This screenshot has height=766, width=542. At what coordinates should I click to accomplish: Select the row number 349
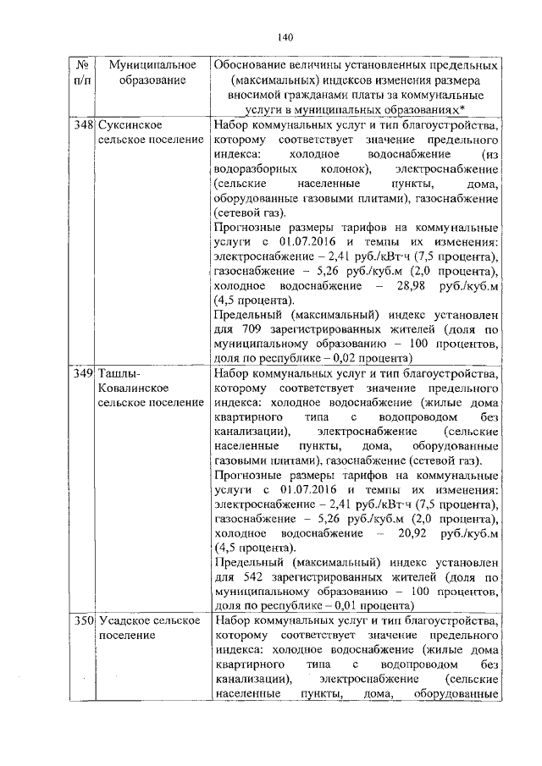pyautogui.click(x=81, y=372)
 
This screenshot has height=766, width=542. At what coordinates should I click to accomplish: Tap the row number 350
pyautogui.click(x=81, y=621)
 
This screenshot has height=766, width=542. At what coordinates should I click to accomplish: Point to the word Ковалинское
pyautogui.click(x=133, y=388)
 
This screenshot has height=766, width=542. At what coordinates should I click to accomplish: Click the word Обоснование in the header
pyautogui.click(x=254, y=65)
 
